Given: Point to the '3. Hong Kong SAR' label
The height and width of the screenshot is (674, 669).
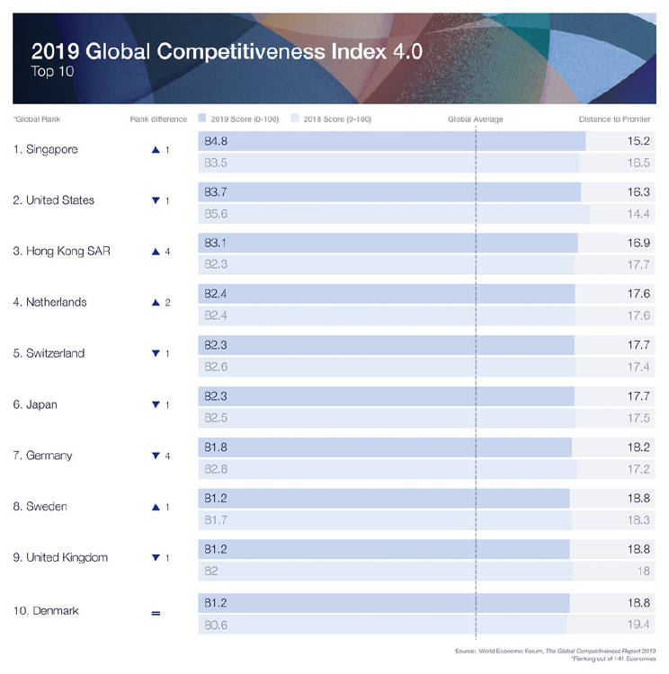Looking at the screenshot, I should (x=61, y=252).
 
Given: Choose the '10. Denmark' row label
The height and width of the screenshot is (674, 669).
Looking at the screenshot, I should (x=46, y=611).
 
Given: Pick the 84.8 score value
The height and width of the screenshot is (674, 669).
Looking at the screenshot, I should (x=216, y=141).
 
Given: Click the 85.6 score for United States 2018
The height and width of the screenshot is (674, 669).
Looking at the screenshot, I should (x=216, y=214).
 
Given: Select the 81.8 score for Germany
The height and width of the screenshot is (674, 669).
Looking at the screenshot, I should (x=216, y=448).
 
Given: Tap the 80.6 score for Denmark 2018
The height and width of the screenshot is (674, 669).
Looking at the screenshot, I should (x=216, y=624).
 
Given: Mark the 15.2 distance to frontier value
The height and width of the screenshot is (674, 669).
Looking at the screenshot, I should (x=639, y=141).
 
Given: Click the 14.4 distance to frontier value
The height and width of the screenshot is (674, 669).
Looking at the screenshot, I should (x=639, y=214).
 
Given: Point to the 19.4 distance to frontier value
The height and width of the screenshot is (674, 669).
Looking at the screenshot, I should (x=639, y=624).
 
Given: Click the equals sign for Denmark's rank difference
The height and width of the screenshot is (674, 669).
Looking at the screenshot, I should (x=156, y=613).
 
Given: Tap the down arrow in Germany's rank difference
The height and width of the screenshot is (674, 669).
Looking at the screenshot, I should (x=156, y=457).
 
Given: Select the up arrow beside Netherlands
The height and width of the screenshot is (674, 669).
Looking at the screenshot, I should (x=156, y=303).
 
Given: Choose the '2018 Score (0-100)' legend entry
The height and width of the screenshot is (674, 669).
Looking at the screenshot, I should (x=334, y=119).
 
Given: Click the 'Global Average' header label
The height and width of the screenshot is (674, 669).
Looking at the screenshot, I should (x=475, y=119).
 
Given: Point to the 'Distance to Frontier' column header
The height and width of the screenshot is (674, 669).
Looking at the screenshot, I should (x=616, y=119).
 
